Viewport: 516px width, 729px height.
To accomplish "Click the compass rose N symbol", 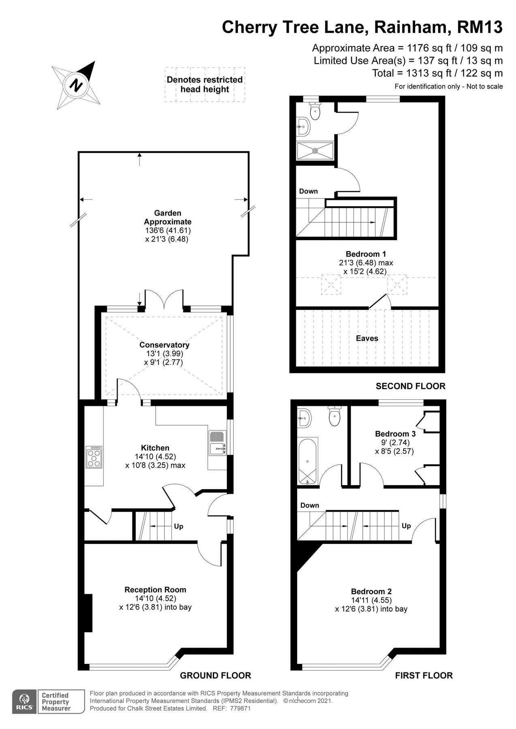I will pyautogui.click(x=76, y=85).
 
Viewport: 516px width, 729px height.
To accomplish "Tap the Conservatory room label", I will pyautogui.click(x=164, y=345).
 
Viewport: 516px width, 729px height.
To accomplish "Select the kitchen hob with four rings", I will pyautogui.click(x=94, y=457).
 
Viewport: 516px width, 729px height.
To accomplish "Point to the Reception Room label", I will pyautogui.click(x=155, y=590).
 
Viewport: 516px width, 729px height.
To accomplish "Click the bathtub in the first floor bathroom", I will pyautogui.click(x=308, y=461).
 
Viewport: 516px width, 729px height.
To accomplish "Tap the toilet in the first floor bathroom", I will pyautogui.click(x=335, y=417).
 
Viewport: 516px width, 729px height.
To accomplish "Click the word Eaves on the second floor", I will pyautogui.click(x=367, y=338).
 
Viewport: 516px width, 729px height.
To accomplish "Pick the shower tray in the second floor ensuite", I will pyautogui.click(x=315, y=151).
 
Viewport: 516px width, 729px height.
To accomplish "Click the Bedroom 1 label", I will pyautogui.click(x=366, y=254).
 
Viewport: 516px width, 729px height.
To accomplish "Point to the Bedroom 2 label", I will pyautogui.click(x=371, y=591).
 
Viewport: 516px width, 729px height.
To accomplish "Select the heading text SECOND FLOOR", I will pyautogui.click(x=410, y=386).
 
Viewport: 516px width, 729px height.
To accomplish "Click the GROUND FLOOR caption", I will pyautogui.click(x=215, y=675).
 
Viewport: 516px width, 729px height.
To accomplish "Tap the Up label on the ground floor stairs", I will pyautogui.click(x=178, y=526).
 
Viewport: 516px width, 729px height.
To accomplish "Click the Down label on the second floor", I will pyautogui.click(x=308, y=191).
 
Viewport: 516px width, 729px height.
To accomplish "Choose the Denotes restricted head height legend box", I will pyautogui.click(x=205, y=84).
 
